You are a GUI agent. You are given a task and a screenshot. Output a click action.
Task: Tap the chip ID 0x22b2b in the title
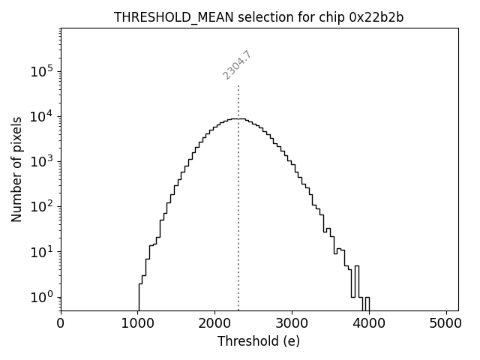click(376, 17)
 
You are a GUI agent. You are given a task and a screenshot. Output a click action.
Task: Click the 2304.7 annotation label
click(237, 65)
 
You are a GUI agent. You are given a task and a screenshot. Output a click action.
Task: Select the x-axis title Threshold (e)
click(259, 341)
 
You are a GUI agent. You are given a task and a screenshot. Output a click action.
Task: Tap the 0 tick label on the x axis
click(61, 324)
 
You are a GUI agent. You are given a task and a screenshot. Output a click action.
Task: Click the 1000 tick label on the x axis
click(138, 324)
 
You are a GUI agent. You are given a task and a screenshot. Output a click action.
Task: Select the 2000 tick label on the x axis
click(215, 324)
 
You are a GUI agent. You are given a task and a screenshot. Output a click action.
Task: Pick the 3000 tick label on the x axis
click(292, 324)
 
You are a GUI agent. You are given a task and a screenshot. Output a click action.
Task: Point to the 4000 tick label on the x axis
click(369, 324)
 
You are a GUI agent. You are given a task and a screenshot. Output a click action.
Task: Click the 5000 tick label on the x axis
click(446, 324)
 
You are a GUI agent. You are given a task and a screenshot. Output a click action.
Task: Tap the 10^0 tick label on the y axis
click(43, 296)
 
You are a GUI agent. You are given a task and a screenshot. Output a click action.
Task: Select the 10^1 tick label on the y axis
click(43, 251)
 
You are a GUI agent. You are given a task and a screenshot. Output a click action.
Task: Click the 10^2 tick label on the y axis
click(43, 206)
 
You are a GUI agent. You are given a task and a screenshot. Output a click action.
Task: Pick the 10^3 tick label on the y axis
click(43, 161)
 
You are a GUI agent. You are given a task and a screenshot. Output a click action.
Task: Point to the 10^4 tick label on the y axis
click(43, 116)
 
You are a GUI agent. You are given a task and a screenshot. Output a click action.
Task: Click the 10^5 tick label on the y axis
click(43, 71)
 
